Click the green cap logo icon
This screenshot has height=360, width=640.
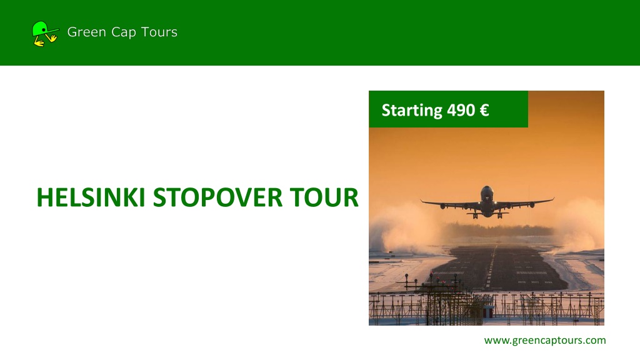pyautogui.click(x=45, y=34)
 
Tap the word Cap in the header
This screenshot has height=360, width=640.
pyautogui.click(x=124, y=32)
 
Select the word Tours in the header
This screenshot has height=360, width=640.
pyautogui.click(x=159, y=32)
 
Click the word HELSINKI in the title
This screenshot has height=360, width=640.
pyautogui.click(x=91, y=197)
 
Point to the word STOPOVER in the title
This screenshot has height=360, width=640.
pyautogui.click(x=217, y=197)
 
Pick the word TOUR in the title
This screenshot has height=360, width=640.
pyautogui.click(x=324, y=197)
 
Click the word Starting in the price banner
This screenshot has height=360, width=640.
pyautogui.click(x=412, y=111)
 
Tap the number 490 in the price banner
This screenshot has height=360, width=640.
pyautogui.click(x=461, y=110)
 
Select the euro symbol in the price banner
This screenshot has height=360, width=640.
pyautogui.click(x=484, y=110)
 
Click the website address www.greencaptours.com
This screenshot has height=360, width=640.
pyautogui.click(x=545, y=341)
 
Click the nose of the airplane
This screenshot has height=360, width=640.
pyautogui.click(x=486, y=191)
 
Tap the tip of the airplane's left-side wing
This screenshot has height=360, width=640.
pyautogui.click(x=421, y=201)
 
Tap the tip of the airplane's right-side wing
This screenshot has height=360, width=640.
pyautogui.click(x=554, y=199)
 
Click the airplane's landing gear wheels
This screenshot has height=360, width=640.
pyautogui.click(x=487, y=215)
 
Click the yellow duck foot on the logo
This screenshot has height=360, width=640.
pyautogui.click(x=39, y=42)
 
